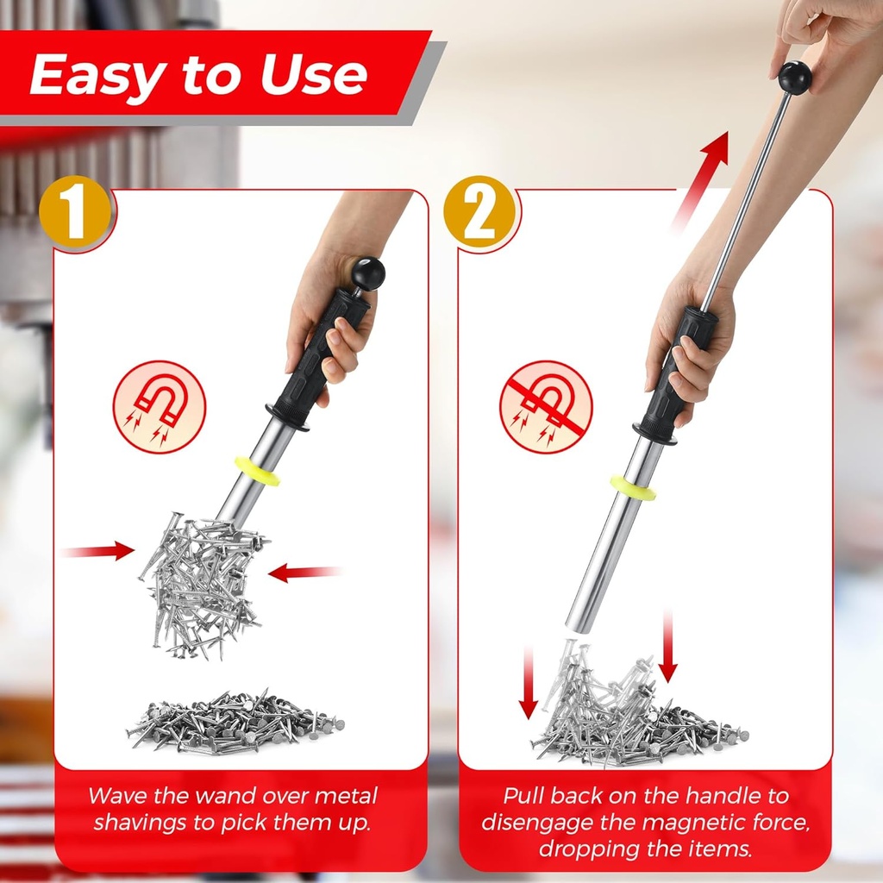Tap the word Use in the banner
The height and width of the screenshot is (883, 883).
click(x=315, y=76)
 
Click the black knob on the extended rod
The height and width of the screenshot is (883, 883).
click(x=794, y=78)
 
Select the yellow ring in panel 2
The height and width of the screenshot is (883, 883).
click(x=633, y=487)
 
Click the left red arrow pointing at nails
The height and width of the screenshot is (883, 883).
click(x=98, y=550)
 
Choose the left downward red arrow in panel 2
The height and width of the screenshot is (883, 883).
click(x=529, y=685)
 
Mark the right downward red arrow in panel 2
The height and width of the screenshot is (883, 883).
click(x=667, y=647)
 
